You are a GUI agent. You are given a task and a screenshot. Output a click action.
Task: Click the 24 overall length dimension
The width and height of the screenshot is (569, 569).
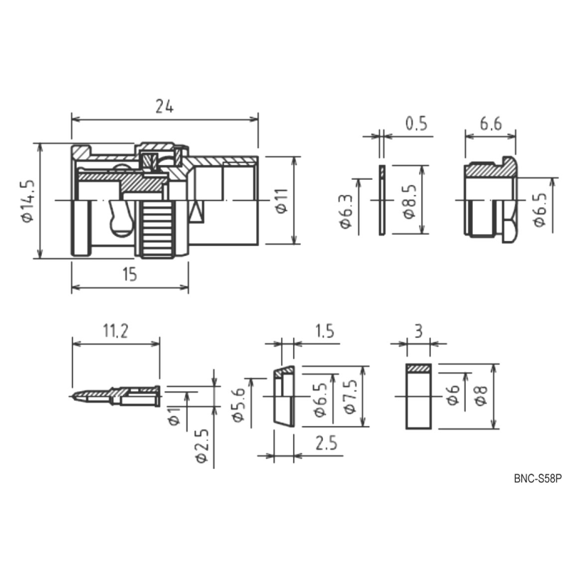[164, 107]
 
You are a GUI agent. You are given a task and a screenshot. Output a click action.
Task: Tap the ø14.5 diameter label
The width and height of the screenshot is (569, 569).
[28, 201]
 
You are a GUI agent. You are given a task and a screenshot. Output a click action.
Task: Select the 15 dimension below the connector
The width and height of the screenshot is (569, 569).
[129, 275]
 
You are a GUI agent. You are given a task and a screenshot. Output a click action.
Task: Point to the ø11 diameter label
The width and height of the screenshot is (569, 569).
[282, 201]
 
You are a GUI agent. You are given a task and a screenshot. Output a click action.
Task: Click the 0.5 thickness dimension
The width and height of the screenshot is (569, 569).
[417, 123]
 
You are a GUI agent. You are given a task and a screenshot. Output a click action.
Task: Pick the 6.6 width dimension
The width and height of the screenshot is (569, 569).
[491, 123]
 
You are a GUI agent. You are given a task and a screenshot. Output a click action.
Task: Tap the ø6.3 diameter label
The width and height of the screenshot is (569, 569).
[346, 211]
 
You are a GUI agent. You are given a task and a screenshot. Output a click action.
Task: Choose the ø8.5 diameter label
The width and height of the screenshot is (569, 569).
[409, 202]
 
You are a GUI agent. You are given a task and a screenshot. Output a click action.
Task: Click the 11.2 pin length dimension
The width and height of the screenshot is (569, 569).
[115, 331]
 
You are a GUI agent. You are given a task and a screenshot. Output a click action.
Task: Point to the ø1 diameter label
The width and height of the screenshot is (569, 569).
[174, 416]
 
